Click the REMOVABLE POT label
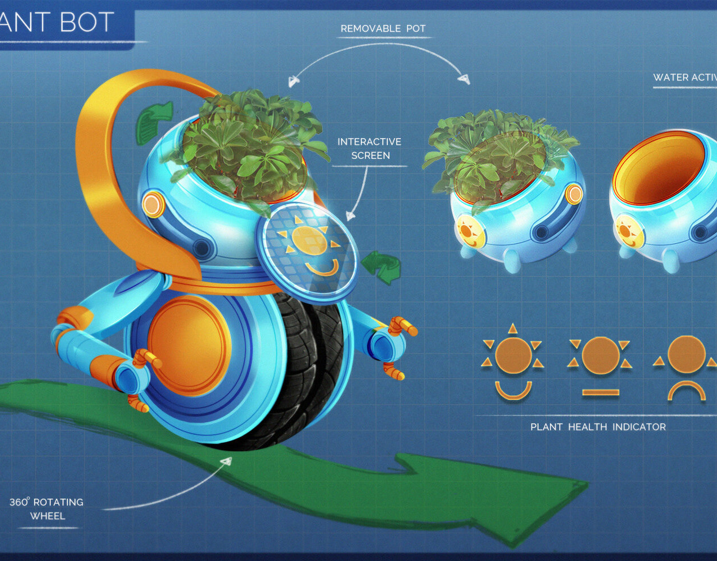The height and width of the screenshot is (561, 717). [x=383, y=29]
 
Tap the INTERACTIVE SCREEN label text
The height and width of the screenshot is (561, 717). [x=370, y=149]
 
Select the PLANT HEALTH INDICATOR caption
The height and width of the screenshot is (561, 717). [x=598, y=427]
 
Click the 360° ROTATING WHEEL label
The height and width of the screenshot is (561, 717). [x=47, y=509]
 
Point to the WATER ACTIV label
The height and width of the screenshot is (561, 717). [x=685, y=77]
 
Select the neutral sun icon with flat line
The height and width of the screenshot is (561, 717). [x=600, y=364]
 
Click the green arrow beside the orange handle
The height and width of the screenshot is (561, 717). [x=153, y=121]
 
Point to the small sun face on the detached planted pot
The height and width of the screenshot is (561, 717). [x=469, y=231]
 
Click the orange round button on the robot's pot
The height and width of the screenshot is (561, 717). [x=153, y=204]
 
